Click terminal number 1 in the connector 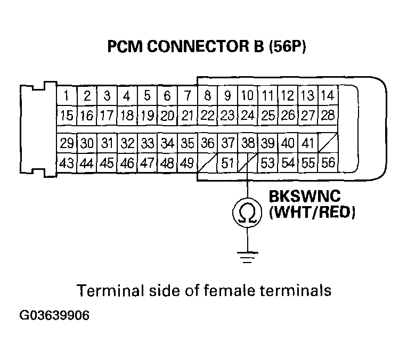[x=66, y=96]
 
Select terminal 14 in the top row [x=328, y=96]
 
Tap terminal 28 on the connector [x=328, y=114]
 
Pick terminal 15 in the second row [x=66, y=115]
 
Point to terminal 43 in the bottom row [x=66, y=163]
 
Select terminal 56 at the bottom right [x=328, y=162]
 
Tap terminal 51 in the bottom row [x=228, y=163]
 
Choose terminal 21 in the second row [x=187, y=115]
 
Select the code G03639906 [x=54, y=315]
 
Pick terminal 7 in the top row [x=187, y=96]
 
